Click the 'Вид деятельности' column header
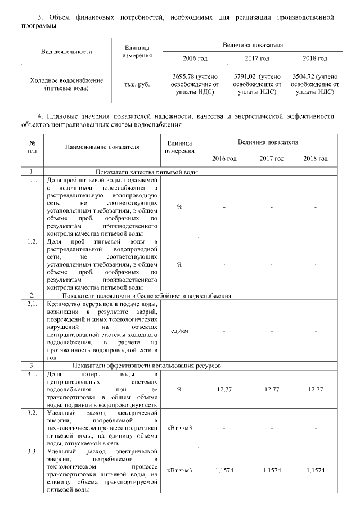(x=66, y=51)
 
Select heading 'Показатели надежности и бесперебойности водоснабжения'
(x=146, y=295)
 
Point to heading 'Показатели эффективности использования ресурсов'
(x=146, y=366)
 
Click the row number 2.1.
(x=33, y=304)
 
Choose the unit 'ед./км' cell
(x=179, y=330)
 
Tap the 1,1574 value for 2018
(x=316, y=470)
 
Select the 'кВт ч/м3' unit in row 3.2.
(x=179, y=429)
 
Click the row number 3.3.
(x=33, y=452)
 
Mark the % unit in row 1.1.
(x=179, y=206)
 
